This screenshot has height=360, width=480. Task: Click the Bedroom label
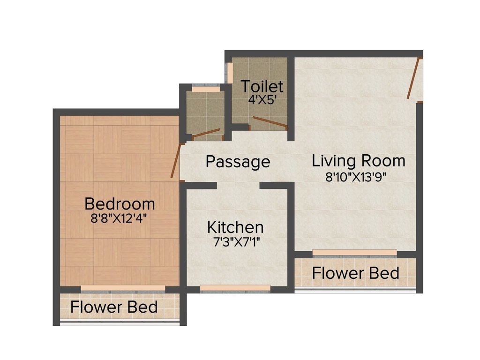point(120,204)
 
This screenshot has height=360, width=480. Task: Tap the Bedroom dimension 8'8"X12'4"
point(120,218)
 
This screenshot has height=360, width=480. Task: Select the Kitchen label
point(235,227)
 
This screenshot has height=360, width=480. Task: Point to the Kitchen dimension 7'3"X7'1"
point(235,242)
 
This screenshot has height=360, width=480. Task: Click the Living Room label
point(359,161)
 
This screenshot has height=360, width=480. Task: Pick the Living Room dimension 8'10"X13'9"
point(359,177)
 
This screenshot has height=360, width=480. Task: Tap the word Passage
point(238,162)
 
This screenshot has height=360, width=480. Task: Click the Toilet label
point(262,87)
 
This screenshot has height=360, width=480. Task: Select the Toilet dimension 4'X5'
point(262,99)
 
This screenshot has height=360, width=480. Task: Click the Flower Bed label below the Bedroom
point(114,307)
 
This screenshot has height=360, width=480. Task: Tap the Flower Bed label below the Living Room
point(356,273)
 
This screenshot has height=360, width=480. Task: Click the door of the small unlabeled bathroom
point(206,133)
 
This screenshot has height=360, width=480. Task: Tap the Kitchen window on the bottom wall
point(235,288)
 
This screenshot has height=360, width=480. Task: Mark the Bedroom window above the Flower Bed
point(123,288)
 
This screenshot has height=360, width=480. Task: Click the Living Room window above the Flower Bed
point(354,253)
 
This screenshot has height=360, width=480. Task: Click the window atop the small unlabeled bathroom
point(205,89)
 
